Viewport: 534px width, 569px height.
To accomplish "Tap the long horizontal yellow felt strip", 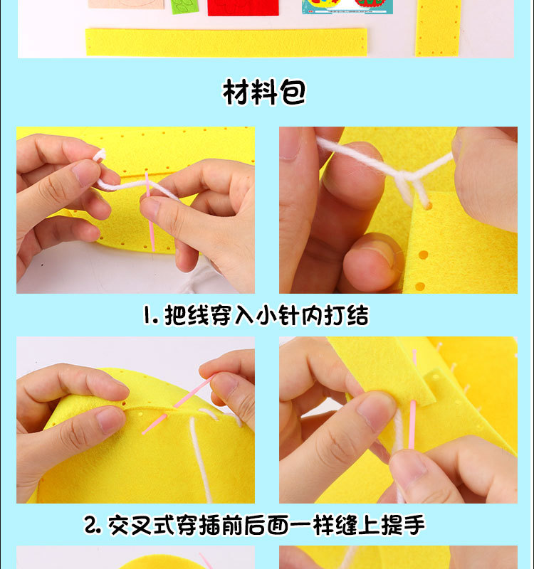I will click(x=226, y=42).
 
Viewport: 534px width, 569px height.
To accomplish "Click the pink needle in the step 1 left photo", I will click(x=150, y=213).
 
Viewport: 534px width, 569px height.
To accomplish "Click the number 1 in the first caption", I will click(x=149, y=316).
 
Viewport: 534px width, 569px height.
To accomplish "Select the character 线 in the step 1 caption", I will click(x=197, y=316).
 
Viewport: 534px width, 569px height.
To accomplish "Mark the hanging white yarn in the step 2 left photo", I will click(x=201, y=462).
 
